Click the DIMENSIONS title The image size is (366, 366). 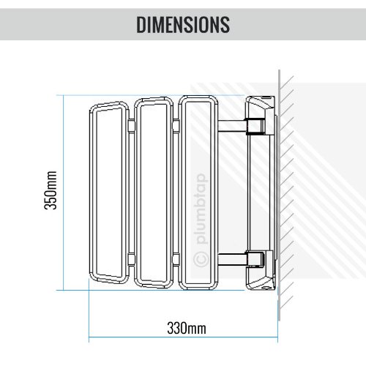point(183,24)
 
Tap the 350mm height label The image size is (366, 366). point(51,190)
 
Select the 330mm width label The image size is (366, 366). point(187,328)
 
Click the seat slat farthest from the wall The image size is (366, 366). point(109,193)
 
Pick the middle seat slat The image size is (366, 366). point(154,193)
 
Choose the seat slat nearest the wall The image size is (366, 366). point(198,193)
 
